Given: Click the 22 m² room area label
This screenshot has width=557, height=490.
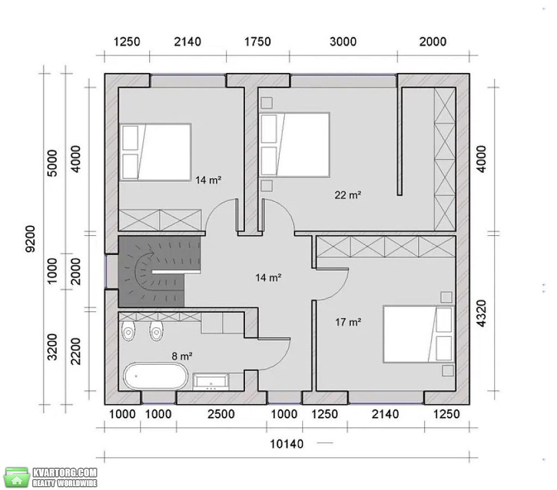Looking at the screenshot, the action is point(348,195).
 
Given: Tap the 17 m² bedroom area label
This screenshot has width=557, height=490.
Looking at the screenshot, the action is point(348,322).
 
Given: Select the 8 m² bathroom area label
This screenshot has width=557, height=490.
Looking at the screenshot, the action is point(182,356).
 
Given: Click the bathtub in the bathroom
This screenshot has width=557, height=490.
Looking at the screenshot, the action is point(156,376).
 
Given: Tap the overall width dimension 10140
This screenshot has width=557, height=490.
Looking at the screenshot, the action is point(287,444).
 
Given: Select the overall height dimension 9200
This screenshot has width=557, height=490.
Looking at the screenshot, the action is point(30,239).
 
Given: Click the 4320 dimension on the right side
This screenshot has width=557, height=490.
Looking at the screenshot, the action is point(481,314).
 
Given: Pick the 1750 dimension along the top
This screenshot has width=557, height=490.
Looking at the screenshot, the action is point(258,42).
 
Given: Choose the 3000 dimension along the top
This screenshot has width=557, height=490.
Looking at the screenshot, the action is point(343,42).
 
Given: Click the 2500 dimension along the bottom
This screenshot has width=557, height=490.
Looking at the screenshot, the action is point(221,414).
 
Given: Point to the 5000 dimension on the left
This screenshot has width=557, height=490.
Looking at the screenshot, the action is point(52,163).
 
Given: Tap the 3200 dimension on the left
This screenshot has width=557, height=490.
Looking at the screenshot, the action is point(52,347).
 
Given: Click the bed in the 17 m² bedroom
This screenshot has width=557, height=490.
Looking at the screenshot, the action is point(419,334).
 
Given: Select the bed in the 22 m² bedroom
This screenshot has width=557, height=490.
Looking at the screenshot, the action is point(295,145).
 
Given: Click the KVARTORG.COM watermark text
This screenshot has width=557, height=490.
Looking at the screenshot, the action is point(65,473).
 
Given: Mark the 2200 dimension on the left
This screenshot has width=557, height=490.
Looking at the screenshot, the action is point(76,351).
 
